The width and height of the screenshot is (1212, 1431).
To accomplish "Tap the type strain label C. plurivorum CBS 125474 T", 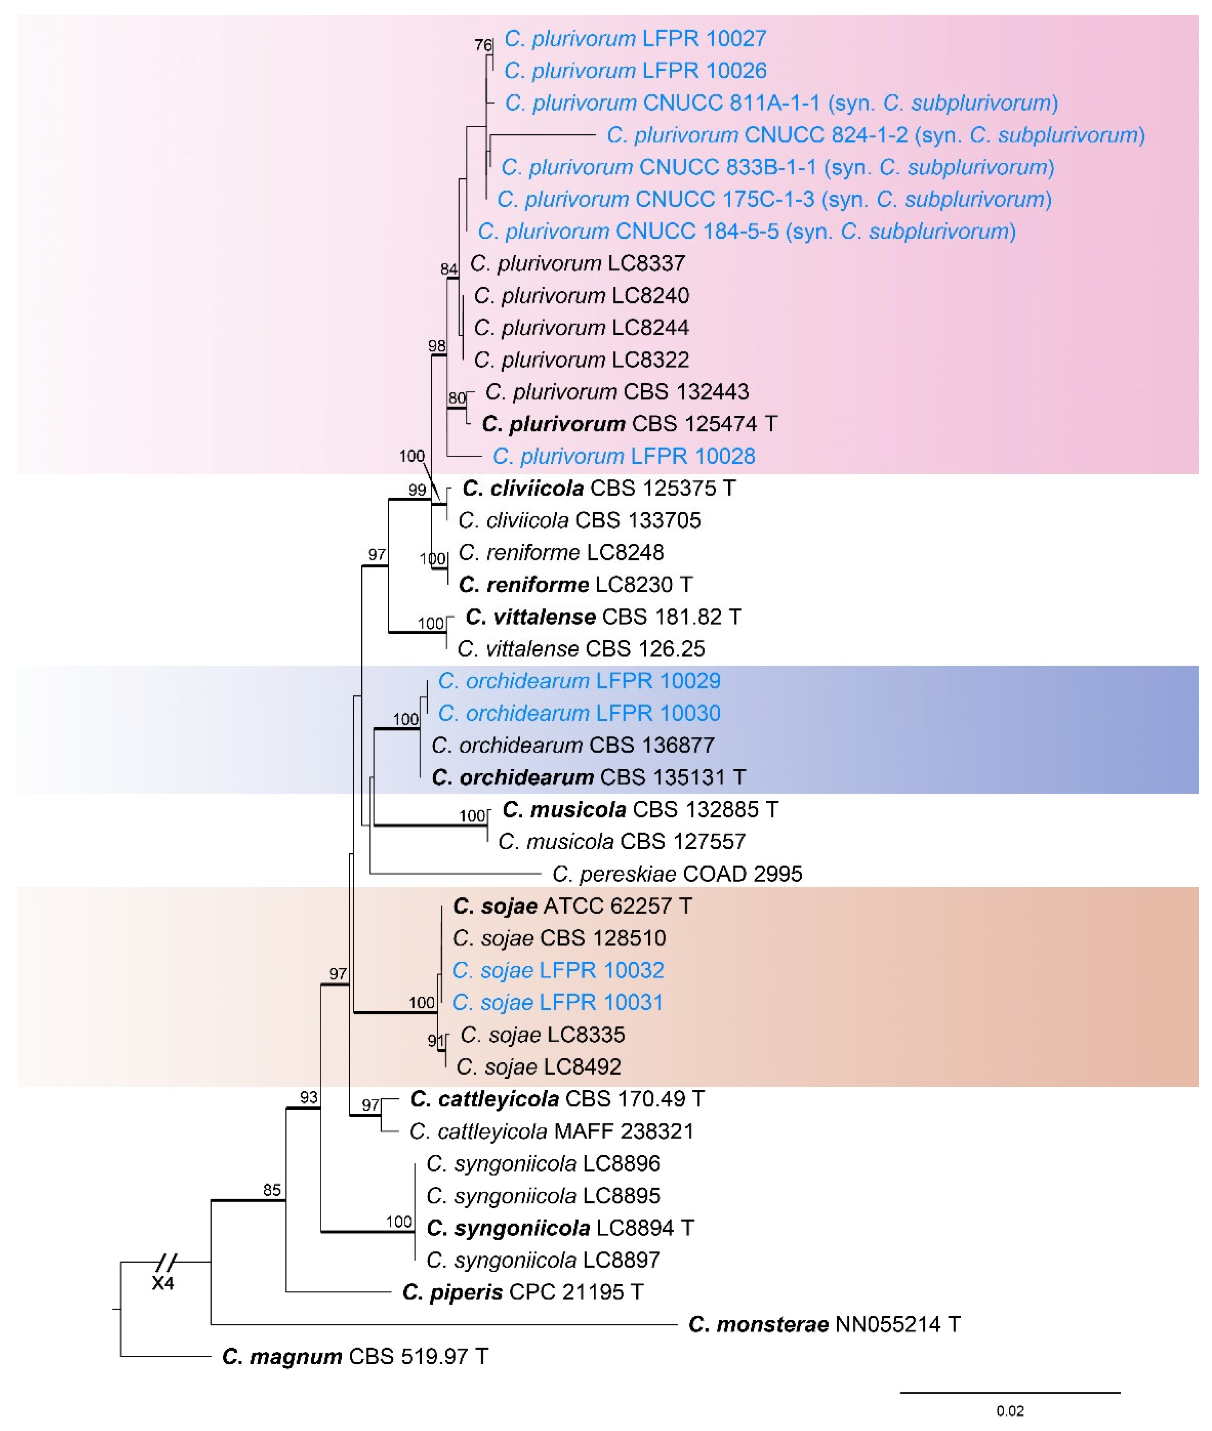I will pos(629,424).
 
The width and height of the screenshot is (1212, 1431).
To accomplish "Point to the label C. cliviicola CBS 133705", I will pos(579,521).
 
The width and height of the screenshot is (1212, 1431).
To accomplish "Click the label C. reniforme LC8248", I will pos(561,553).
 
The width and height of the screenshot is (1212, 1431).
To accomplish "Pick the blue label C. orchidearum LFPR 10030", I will pos(579,713).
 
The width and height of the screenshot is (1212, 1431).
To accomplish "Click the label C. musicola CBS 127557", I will pos(622,842).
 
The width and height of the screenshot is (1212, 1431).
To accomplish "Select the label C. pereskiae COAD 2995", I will pos(677,874).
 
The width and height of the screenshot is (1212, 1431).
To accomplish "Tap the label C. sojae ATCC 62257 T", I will pos(572,906).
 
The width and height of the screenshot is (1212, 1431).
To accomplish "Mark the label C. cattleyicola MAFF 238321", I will pos(551,1132).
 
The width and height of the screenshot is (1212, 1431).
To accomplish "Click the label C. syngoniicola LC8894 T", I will pos(560,1228).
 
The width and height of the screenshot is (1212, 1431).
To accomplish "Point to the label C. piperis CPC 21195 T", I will pos(522,1292).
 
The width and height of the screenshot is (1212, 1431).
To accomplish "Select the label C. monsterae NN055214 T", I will pos(824,1325).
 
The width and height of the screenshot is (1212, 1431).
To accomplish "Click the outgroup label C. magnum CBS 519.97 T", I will pos(355,1357).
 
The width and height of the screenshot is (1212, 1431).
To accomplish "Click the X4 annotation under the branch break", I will pos(163,1283).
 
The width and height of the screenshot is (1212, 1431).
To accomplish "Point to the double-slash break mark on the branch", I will pos(166,1262).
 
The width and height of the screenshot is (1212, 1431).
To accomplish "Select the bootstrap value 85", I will pos(272,1190).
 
